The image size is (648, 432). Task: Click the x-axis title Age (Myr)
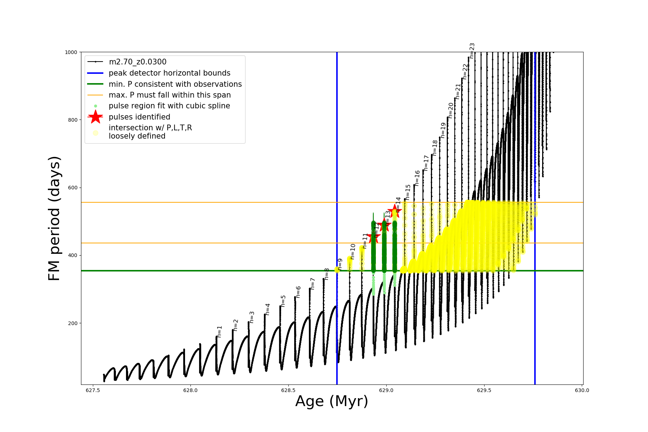[332, 401]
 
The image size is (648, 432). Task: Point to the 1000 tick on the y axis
[71, 52]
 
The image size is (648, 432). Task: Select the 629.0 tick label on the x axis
[386, 390]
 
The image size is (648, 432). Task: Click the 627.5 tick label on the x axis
[93, 390]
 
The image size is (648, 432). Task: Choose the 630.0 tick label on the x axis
[582, 390]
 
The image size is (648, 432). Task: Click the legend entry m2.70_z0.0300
[138, 62]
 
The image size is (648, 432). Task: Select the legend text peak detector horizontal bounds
[169, 73]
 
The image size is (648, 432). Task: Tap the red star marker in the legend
[95, 117]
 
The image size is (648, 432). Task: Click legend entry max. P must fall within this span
[170, 95]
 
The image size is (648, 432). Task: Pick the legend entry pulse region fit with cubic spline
[169, 106]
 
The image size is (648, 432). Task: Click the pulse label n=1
[219, 332]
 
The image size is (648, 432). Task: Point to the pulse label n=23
[472, 51]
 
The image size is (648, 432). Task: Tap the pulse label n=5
[283, 301]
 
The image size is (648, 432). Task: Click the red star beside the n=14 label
[395, 211]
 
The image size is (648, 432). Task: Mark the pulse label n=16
[417, 178]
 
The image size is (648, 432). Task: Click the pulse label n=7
[312, 284]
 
